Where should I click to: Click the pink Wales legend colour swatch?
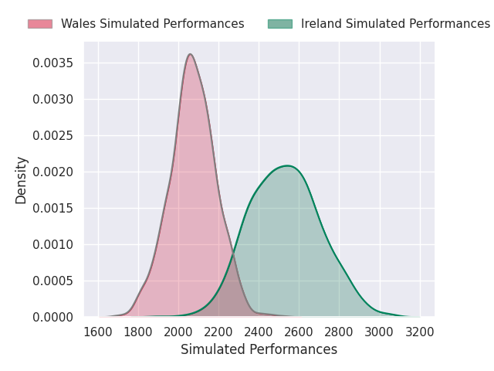pyautogui.click(x=40, y=24)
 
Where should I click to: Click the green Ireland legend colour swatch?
pyautogui.click(x=280, y=24)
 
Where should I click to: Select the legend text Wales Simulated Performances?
pyautogui.click(x=152, y=24)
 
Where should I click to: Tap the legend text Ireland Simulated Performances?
pyautogui.click(x=395, y=24)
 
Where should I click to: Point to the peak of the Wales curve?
pyautogui.click(x=190, y=54)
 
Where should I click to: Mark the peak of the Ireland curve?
pyautogui.click(x=287, y=165)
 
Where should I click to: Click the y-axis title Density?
pyautogui.click(x=22, y=180)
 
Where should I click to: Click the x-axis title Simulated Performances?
pyautogui.click(x=259, y=349)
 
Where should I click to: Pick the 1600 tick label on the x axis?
pyautogui.click(x=98, y=332)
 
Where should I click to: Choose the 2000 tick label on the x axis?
pyautogui.click(x=178, y=332)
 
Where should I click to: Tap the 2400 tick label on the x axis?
pyautogui.click(x=259, y=332)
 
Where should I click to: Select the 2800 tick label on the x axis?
pyautogui.click(x=339, y=332)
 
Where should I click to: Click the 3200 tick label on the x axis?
pyautogui.click(x=419, y=332)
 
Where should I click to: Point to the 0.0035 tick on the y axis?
pyautogui.click(x=53, y=63)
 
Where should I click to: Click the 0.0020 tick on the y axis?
pyautogui.click(x=53, y=172)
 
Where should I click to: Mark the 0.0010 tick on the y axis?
pyautogui.click(x=53, y=244)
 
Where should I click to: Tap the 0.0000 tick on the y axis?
pyautogui.click(x=53, y=317)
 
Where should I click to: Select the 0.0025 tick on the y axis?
pyautogui.click(x=53, y=135)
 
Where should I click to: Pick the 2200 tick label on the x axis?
pyautogui.click(x=218, y=332)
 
